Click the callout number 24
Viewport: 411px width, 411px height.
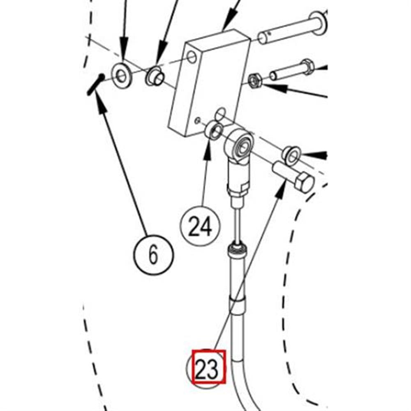tap(201, 226)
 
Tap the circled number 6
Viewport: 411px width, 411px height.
tap(153, 255)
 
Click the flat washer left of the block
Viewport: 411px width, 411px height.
tap(122, 75)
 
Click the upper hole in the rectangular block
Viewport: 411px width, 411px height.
tap(192, 57)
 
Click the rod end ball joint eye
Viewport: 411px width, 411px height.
tap(240, 143)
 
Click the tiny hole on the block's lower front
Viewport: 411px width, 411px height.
tap(198, 120)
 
